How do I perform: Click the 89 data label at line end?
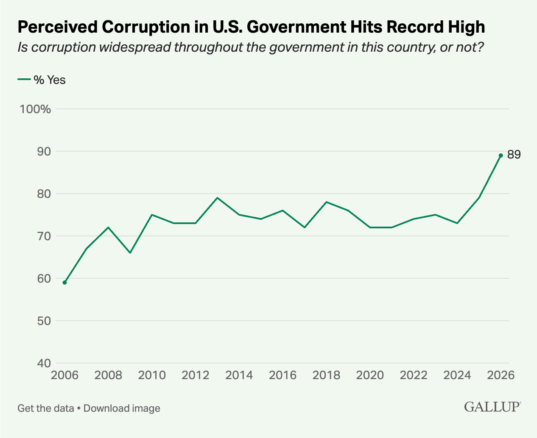click(x=514, y=154)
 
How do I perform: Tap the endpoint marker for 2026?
click(x=501, y=155)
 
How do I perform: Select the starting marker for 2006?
click(x=64, y=283)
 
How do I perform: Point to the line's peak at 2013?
click(x=217, y=198)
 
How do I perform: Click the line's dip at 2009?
click(x=130, y=252)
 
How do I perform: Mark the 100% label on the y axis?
click(x=35, y=109)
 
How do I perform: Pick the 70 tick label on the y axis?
click(x=44, y=236)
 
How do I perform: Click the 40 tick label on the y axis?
click(x=44, y=363)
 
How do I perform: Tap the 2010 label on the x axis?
click(x=152, y=375)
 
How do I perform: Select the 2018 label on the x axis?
click(x=326, y=375)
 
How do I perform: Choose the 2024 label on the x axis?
click(x=457, y=375)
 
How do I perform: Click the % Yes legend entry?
click(x=42, y=80)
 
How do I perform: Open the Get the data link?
click(x=45, y=408)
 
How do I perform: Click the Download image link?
click(x=122, y=408)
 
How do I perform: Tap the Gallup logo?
click(x=492, y=407)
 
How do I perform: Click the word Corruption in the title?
click(x=146, y=27)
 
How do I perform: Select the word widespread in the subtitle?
click(x=134, y=47)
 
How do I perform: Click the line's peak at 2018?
click(x=326, y=202)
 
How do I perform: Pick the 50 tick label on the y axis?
click(x=44, y=321)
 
